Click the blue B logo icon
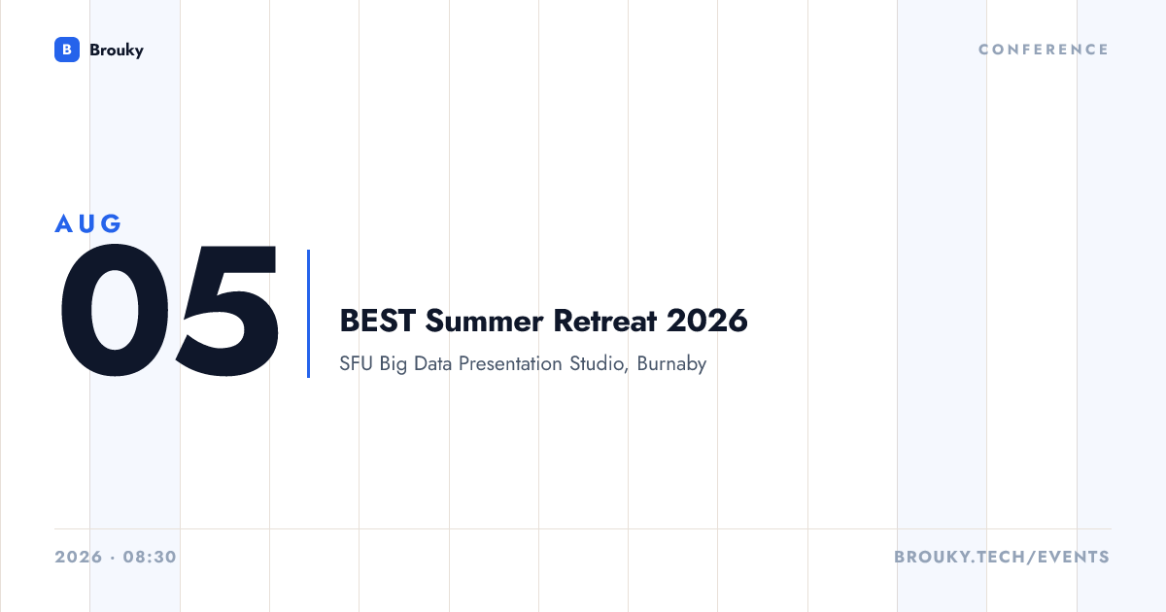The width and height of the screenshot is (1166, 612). (67, 50)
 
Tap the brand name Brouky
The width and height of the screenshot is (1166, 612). (117, 51)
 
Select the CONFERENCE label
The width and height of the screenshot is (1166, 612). (1044, 50)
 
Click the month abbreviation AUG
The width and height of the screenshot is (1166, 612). (88, 223)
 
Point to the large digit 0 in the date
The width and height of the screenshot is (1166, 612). (115, 310)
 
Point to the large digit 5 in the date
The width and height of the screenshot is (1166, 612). (227, 310)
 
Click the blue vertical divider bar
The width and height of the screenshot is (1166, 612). (309, 314)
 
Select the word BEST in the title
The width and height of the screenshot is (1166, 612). (377, 321)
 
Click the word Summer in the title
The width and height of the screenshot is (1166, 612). (484, 321)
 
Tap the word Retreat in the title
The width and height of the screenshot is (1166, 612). (604, 321)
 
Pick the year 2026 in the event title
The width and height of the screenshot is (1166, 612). (707, 321)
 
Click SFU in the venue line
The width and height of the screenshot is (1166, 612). (356, 363)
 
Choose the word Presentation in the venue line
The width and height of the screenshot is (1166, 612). (510, 363)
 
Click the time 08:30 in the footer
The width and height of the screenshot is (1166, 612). (150, 557)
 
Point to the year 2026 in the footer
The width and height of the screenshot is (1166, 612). (79, 557)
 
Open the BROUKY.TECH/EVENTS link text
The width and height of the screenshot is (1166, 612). (1002, 557)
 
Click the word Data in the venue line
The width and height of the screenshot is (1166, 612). (432, 363)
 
